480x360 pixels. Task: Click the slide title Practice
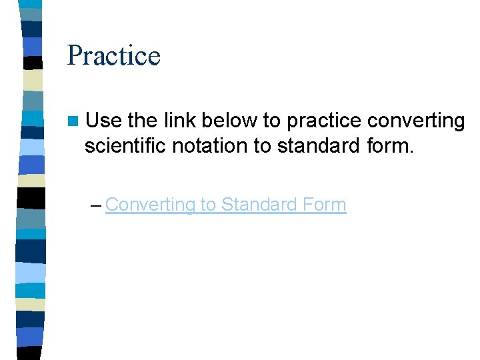[x=113, y=55]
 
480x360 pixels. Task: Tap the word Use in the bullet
[x=103, y=121]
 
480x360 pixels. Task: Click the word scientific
[x=125, y=145]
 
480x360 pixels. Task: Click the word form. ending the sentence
[x=390, y=145]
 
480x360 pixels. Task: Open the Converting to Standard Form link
[x=225, y=205]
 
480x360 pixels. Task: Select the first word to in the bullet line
[x=271, y=121]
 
